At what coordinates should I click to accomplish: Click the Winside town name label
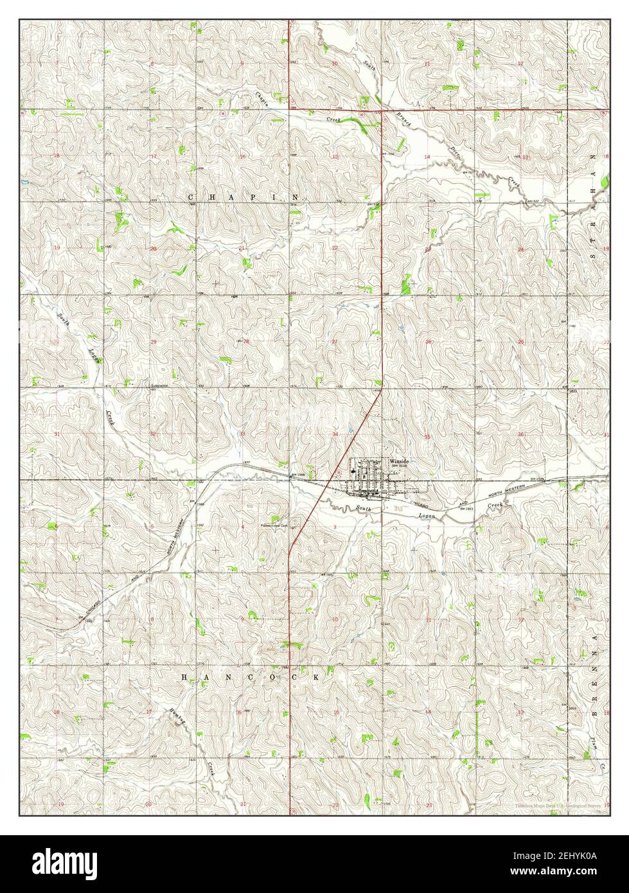(399, 461)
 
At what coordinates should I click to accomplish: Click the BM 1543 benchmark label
(470, 507)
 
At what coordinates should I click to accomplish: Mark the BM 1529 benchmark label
(537, 479)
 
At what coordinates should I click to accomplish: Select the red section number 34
(335, 434)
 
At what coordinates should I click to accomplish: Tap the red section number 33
(242, 434)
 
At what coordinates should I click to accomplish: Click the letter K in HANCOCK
(317, 677)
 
